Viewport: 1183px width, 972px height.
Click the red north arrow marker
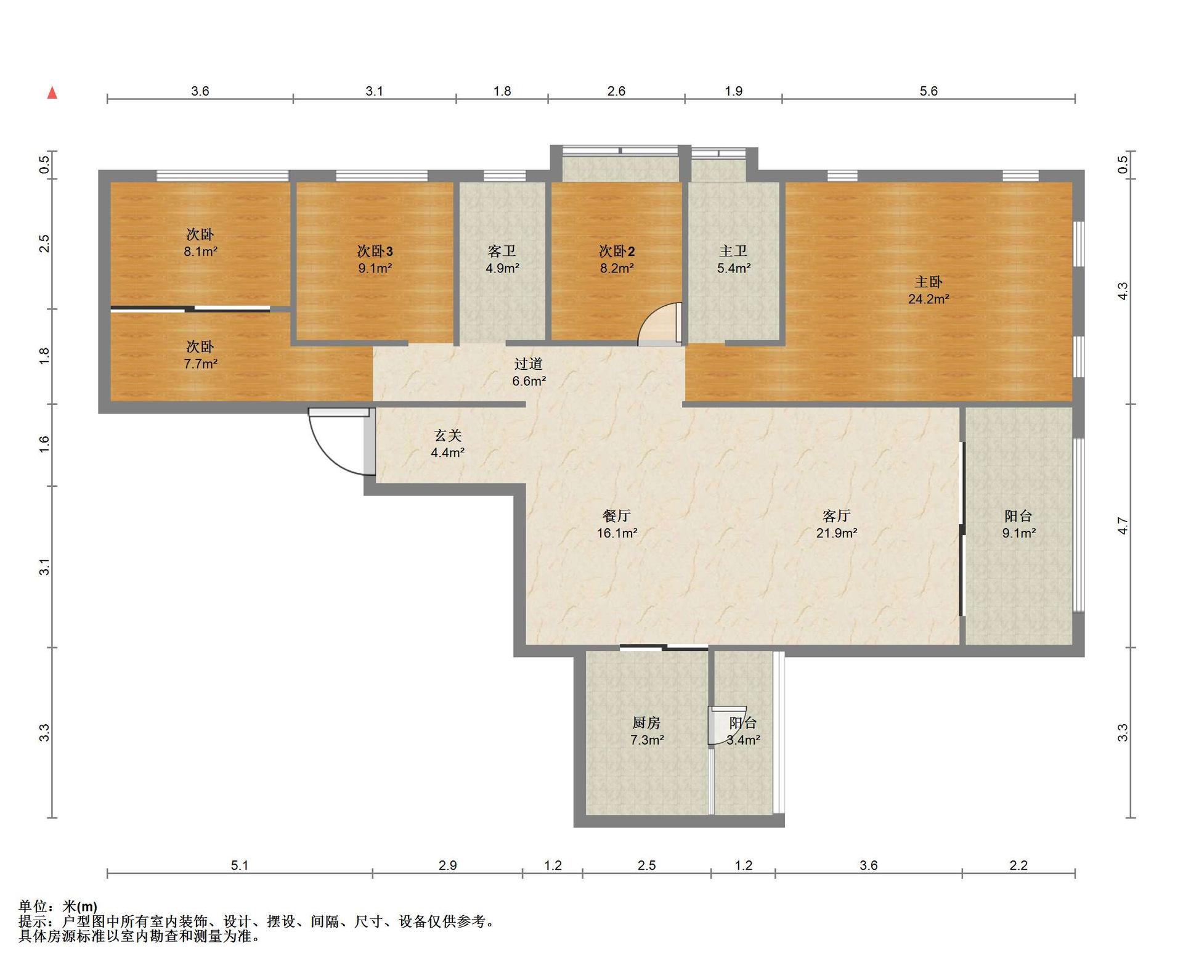pos(53,93)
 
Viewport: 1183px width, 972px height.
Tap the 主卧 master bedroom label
pos(928,282)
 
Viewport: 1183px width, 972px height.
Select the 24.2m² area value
pos(928,300)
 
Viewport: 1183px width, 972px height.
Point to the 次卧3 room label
pos(375,251)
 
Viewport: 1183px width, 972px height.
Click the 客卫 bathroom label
pos(502,251)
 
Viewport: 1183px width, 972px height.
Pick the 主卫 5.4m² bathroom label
pos(733,259)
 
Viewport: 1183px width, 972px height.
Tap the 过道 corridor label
pos(529,364)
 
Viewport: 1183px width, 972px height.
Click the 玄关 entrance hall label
pos(448,436)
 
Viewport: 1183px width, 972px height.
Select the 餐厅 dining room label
pos(617,516)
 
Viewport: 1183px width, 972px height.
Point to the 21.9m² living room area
pos(836,533)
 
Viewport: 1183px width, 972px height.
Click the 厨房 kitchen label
pos(646,723)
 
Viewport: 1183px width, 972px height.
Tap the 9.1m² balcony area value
pos(1018,533)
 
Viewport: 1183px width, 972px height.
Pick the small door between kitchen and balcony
pos(718,726)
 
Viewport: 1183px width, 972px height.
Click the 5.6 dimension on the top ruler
pos(929,91)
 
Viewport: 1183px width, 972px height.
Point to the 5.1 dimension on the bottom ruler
pos(240,865)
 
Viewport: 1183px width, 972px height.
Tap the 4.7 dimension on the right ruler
pos(1123,526)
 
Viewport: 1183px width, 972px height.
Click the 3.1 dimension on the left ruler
pos(44,567)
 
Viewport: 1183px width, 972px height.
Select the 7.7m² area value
pos(200,364)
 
